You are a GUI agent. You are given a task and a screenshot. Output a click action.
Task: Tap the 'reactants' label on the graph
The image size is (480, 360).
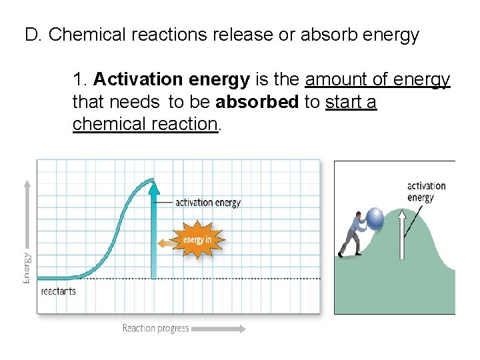coord(58,291)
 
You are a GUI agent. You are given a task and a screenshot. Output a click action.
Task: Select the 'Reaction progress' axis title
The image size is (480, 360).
coord(155,328)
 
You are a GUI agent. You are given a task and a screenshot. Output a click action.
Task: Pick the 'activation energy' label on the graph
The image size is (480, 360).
coord(207,202)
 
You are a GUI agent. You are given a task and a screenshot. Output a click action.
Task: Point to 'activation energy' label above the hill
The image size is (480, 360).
coord(426,191)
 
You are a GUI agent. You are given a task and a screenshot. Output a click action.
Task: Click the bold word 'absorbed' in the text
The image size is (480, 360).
coord(257,102)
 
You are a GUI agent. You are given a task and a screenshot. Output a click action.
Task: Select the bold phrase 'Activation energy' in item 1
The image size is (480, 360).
coord(172,80)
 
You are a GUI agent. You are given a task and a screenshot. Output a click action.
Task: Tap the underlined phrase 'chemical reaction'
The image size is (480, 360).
coord(145,124)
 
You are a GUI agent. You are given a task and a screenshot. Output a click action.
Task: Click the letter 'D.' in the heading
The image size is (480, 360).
coord(33,35)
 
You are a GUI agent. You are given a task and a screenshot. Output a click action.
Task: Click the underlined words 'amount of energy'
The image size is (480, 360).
coord(377,80)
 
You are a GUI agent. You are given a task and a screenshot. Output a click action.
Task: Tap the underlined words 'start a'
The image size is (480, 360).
coord(351,102)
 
